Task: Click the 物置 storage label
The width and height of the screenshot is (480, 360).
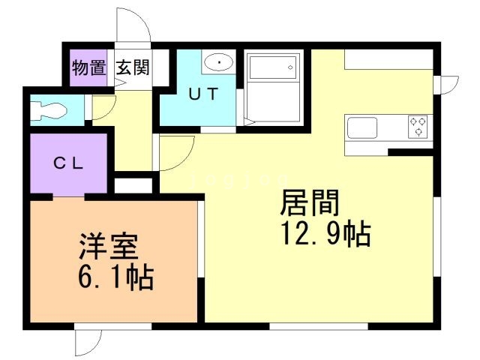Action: point(88,67)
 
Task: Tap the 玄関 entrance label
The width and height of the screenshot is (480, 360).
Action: point(133,67)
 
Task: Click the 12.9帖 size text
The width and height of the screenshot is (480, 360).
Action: point(324,235)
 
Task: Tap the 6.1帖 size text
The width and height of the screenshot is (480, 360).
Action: point(115,278)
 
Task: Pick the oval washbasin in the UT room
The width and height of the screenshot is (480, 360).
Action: point(218,62)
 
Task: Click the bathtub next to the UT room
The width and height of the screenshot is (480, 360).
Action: point(273,89)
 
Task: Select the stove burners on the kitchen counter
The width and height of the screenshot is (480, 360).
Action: point(418,126)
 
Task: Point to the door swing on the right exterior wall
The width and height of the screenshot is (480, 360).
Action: point(448,85)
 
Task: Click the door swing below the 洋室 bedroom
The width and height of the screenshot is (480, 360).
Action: point(86,342)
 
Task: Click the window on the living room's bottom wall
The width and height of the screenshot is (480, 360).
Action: point(318,325)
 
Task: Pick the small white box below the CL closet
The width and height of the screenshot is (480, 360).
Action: point(134,184)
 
